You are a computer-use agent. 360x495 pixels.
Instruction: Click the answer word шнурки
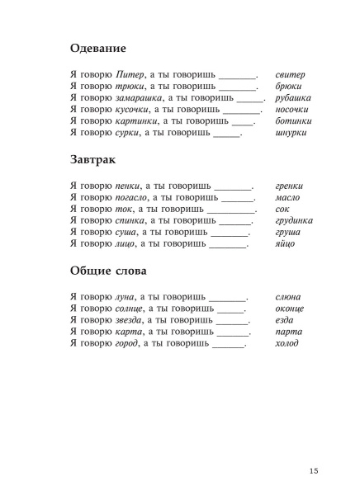pyautogui.click(x=291, y=132)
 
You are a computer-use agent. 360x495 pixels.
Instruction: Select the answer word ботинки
pyautogui.click(x=294, y=120)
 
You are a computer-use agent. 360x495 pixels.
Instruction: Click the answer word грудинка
pyautogui.click(x=294, y=220)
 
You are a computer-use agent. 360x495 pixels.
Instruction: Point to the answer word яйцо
pyautogui.click(x=286, y=243)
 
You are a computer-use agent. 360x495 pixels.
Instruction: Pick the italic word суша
pyautogui.click(x=127, y=232)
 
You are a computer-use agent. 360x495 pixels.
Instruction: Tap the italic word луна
pyautogui.click(x=127, y=296)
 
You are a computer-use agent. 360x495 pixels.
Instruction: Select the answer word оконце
pyautogui.click(x=290, y=308)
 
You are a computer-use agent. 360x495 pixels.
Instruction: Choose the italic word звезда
pyautogui.click(x=131, y=319)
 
